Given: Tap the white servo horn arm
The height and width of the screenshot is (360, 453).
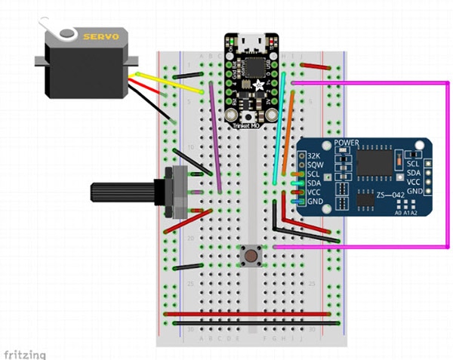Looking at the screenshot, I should [x=60, y=33].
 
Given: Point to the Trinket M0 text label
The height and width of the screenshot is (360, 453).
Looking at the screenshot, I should [x=249, y=125].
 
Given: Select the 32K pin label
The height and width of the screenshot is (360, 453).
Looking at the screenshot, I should [x=315, y=155].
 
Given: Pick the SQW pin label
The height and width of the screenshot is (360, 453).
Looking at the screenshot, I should [x=316, y=165].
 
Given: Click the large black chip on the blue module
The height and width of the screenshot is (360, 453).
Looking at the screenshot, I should [x=377, y=162].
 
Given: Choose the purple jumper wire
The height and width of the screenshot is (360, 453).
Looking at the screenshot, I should [x=216, y=136].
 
